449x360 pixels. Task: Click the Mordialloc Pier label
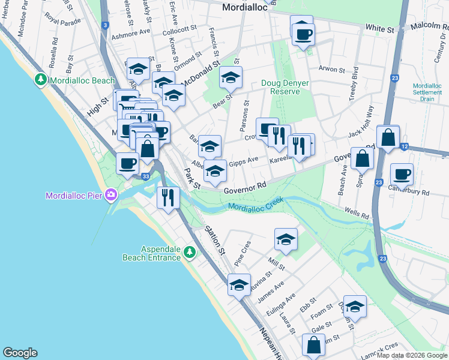[73, 195]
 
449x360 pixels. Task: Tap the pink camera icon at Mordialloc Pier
[111, 194]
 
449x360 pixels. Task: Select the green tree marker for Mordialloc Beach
[41, 80]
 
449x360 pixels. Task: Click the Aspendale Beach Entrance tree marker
[190, 253]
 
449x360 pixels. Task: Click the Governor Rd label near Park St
[245, 187]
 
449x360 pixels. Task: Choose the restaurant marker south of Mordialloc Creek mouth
[167, 197]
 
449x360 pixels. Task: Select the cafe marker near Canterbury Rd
[402, 174]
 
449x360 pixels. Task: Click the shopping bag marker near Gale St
[313, 345]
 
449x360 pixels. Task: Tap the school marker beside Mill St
[286, 239]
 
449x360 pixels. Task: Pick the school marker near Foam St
[355, 307]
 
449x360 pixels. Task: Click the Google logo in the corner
[20, 353]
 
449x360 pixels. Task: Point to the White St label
[381, 28]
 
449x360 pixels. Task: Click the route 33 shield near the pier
[145, 176]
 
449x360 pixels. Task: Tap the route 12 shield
[405, 146]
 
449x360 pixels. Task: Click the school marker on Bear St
[231, 77]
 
